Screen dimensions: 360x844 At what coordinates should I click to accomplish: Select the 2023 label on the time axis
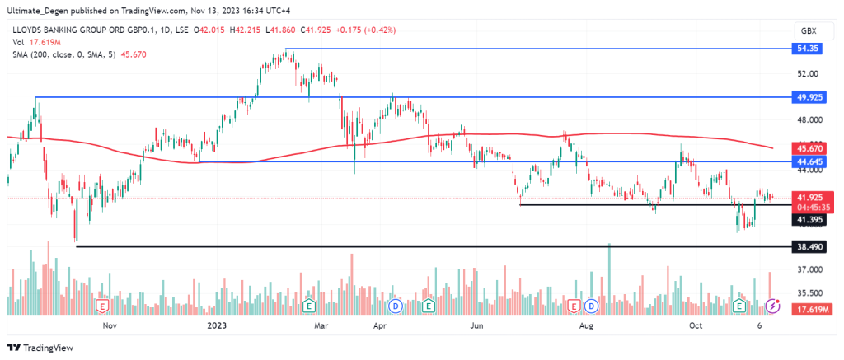coord(216,325)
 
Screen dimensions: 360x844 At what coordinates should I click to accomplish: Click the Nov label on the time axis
coord(107,325)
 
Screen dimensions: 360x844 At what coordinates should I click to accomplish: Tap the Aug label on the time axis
coord(586,325)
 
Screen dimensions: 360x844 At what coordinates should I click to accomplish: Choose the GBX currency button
coord(808,30)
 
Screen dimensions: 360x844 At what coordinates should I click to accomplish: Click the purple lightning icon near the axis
coord(773,306)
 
